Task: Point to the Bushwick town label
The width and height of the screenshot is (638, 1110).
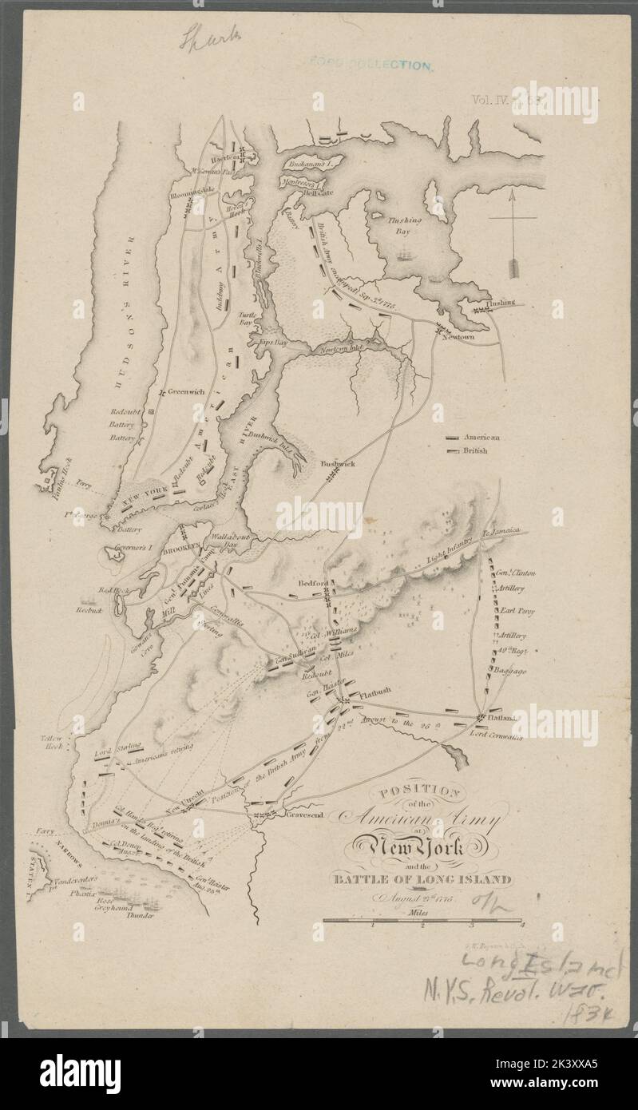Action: (336, 462)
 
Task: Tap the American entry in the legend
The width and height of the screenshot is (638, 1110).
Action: (477, 438)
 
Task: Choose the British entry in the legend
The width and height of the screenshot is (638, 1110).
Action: (474, 451)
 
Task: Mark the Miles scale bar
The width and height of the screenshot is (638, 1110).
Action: (422, 921)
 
